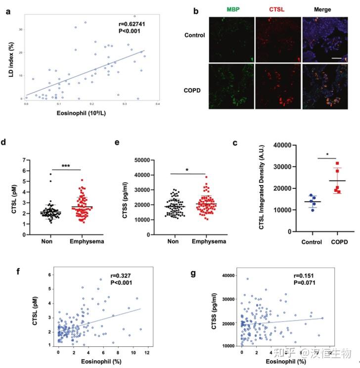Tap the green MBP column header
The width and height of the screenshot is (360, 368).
[x=230, y=10]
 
